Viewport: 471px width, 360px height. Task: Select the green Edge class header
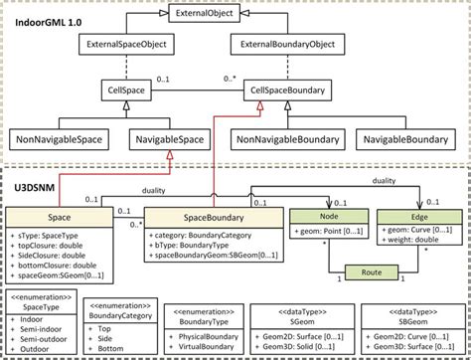pyautogui.click(x=418, y=213)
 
